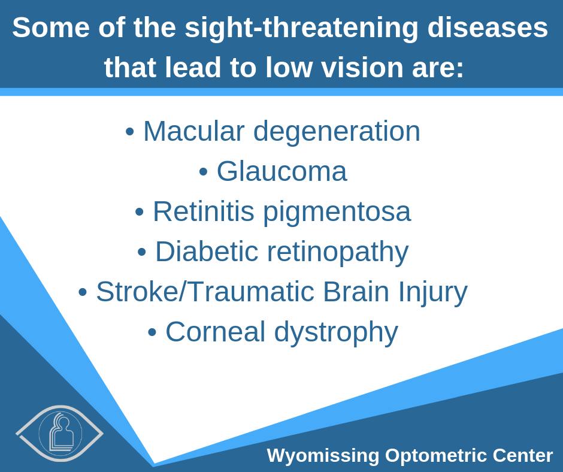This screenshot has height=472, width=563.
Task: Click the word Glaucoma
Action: click(282, 171)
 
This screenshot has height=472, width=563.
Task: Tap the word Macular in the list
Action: click(194, 131)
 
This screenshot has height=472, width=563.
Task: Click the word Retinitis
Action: click(204, 211)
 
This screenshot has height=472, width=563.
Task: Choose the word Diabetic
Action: click(207, 251)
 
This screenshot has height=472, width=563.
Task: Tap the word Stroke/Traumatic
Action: click(205, 291)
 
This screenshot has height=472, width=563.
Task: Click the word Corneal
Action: click(215, 332)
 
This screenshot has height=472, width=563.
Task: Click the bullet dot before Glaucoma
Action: click(203, 172)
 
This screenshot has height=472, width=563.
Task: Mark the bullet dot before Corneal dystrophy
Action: click(152, 332)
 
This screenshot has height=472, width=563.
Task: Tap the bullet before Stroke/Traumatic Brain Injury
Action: click(83, 292)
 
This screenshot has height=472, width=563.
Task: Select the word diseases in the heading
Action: click(488, 28)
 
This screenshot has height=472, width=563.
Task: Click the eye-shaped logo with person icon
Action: click(60, 433)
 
